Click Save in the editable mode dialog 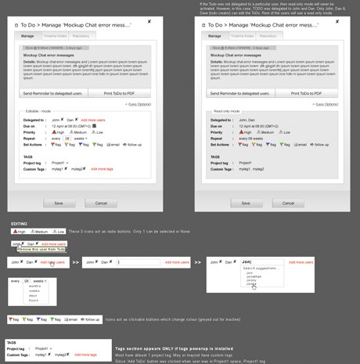(59, 203)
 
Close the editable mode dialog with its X (160, 21)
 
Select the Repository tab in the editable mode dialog (80, 36)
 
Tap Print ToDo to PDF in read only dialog (304, 93)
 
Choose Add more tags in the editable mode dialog (103, 168)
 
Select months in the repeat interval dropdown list (36, 287)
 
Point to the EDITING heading (20, 223)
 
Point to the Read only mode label (227, 112)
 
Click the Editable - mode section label (38, 112)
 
